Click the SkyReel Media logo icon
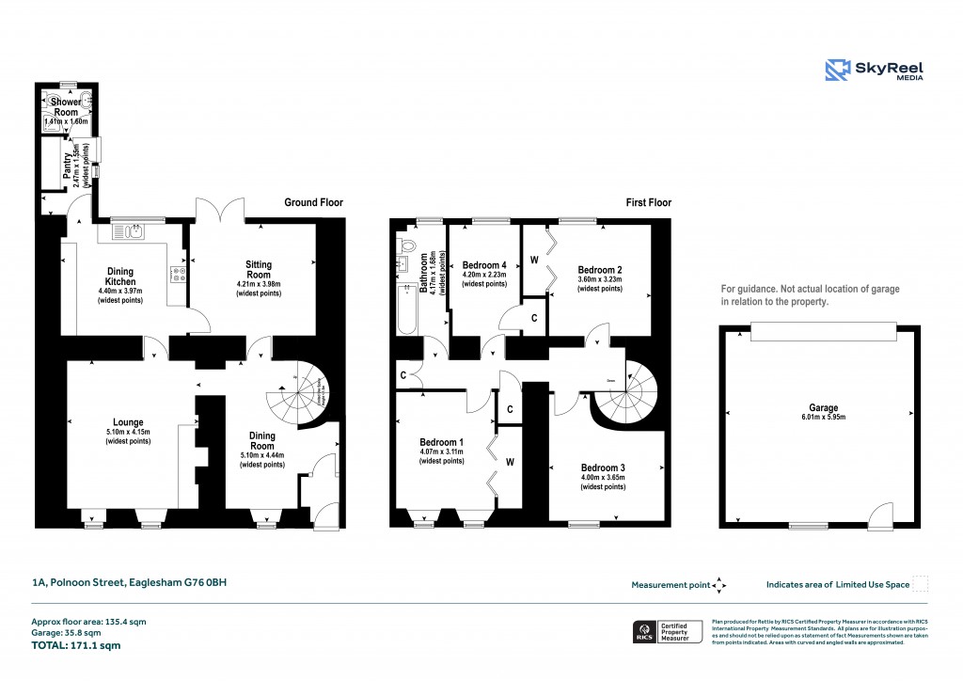click(838, 71)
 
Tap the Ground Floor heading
click(313, 202)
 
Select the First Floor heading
click(649, 202)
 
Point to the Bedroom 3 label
click(603, 467)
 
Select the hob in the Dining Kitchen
click(178, 274)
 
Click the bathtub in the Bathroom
click(407, 308)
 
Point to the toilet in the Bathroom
click(406, 245)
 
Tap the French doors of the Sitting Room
click(220, 211)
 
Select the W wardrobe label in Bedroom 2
click(535, 259)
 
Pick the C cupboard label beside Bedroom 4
click(534, 318)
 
